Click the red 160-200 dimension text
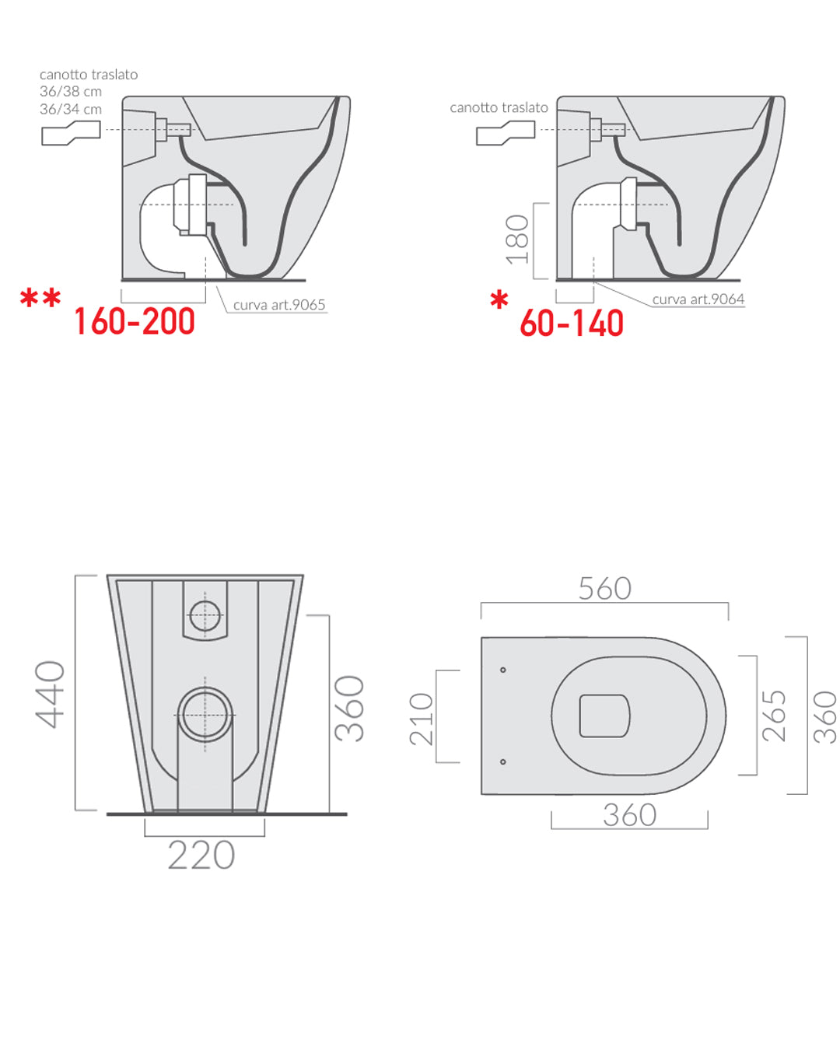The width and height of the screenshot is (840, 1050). pos(135,321)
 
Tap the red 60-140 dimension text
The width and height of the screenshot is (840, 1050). pos(572,323)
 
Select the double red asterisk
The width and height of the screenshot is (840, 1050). pos(40,298)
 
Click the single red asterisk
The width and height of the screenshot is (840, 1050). pos(499,299)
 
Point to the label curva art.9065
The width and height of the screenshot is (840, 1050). pos(278,305)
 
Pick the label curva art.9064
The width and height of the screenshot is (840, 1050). pos(698,299)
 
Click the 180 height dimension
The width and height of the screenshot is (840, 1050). pos(517,240)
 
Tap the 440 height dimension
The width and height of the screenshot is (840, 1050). pos(50,695)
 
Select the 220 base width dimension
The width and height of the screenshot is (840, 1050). pos(201,855)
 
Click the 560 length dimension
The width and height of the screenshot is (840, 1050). pos(605,589)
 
